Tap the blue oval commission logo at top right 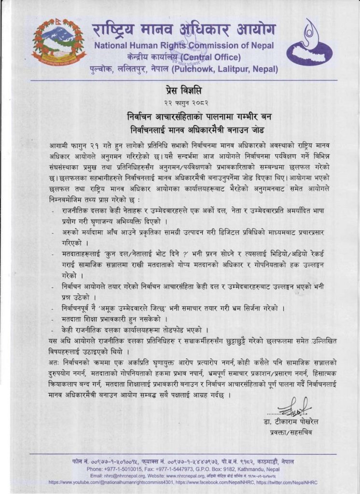[309, 43]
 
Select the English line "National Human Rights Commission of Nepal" [184, 46]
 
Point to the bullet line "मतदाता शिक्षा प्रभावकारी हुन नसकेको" [115, 319]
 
